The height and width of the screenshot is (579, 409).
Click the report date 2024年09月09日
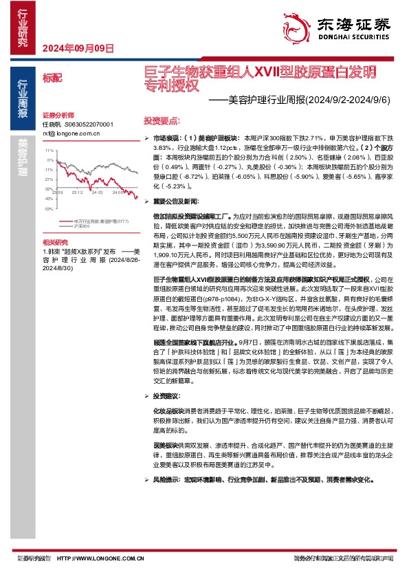coord(78,47)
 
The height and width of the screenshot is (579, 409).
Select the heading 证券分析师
coord(56,115)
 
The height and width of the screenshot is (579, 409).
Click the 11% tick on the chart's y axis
coord(48,150)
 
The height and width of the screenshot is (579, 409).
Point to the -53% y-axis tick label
coord(48,208)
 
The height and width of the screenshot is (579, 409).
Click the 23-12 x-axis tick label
coord(77,193)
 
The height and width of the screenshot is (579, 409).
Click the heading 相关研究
coord(55,243)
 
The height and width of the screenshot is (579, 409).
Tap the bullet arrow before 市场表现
coord(146,139)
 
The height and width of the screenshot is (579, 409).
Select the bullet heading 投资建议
coord(166,397)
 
